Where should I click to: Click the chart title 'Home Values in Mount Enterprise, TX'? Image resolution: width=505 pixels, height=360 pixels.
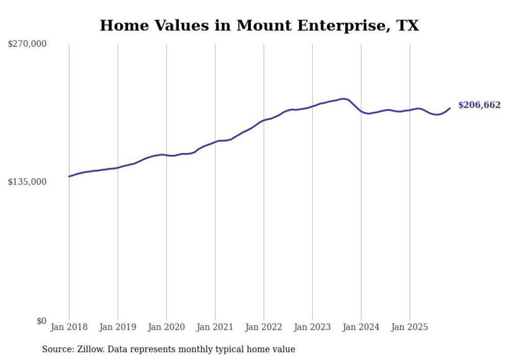[x=259, y=25]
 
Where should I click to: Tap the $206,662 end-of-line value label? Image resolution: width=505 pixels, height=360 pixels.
[x=479, y=105]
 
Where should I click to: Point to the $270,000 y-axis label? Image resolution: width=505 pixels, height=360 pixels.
[x=27, y=44]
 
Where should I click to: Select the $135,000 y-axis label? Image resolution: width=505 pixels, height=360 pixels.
[x=27, y=182]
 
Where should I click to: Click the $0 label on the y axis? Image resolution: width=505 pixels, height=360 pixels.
[x=41, y=321]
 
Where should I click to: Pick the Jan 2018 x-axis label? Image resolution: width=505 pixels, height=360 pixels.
[x=69, y=327]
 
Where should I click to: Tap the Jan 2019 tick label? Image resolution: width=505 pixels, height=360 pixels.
[x=117, y=327]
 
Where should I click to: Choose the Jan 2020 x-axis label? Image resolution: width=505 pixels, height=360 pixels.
[x=166, y=327]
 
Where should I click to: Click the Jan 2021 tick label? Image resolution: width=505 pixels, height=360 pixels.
[x=215, y=327]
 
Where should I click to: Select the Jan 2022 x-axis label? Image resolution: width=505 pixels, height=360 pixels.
[x=264, y=327]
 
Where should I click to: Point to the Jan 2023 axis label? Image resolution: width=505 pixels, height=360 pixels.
[x=312, y=327]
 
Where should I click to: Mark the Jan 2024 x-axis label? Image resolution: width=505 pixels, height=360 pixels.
[x=361, y=327]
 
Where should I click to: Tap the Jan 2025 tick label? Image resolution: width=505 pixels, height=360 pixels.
[x=410, y=327]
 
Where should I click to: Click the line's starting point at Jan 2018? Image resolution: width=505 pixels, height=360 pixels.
[x=69, y=176]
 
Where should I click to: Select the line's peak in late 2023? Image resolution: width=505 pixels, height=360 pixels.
[x=343, y=98]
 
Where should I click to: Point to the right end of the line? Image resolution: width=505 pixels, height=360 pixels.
[x=450, y=108]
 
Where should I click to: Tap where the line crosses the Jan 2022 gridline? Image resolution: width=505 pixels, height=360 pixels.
[x=264, y=121]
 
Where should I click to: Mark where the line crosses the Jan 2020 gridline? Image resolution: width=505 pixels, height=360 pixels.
[x=166, y=155]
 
